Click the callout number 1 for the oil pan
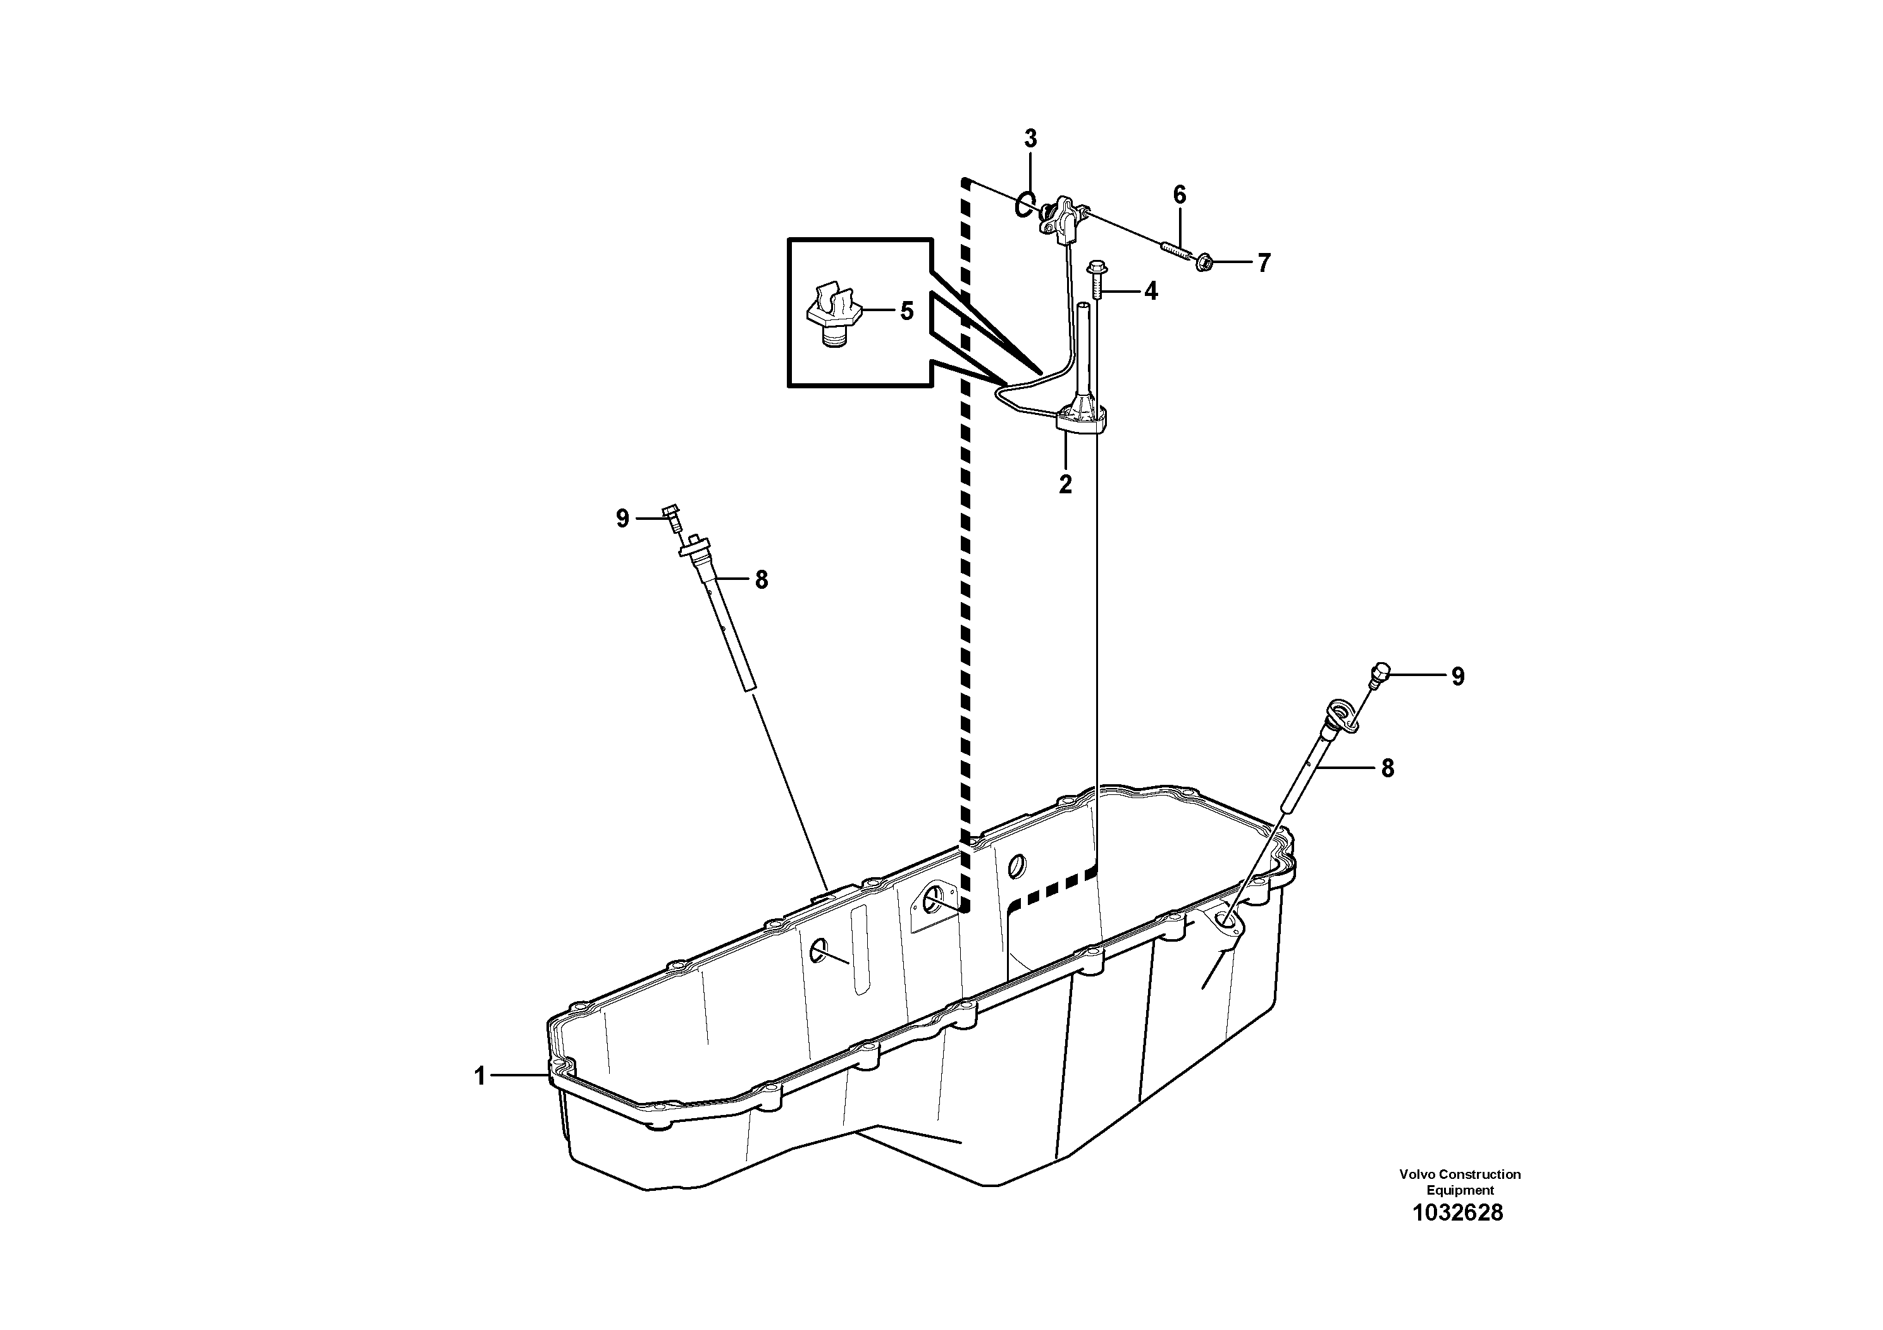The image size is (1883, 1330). (481, 1076)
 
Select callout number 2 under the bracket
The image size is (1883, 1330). (1065, 484)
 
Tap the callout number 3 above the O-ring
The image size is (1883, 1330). (1030, 139)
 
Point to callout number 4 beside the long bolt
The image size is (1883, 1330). (1151, 291)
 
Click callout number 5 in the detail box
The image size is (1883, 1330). (906, 312)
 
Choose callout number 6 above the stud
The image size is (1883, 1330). (1180, 195)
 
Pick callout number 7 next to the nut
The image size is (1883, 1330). (1264, 263)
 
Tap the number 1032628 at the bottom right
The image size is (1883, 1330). (1457, 1214)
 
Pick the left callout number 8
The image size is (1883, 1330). (761, 581)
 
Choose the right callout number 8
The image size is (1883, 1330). (1387, 768)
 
